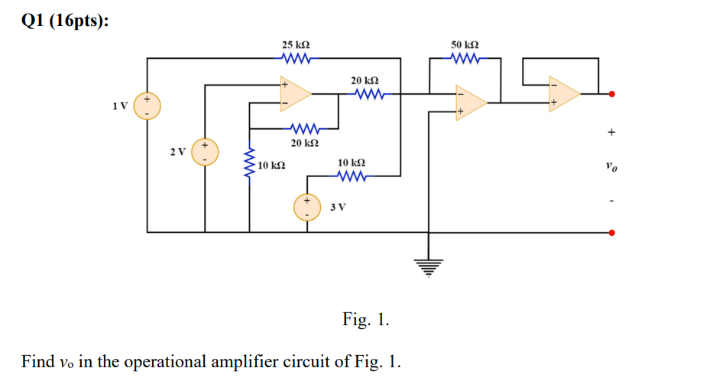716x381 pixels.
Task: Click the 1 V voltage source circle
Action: point(147,106)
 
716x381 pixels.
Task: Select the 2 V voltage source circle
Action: point(205,151)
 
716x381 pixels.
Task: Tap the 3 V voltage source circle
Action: point(308,208)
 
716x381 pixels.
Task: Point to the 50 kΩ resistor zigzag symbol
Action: point(465,58)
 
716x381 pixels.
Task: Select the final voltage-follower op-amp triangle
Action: point(563,94)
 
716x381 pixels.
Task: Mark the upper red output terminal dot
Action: point(611,94)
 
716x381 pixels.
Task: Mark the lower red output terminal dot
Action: point(611,232)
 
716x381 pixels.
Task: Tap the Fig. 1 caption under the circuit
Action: point(365,319)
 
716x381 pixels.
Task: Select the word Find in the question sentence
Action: point(37,360)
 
